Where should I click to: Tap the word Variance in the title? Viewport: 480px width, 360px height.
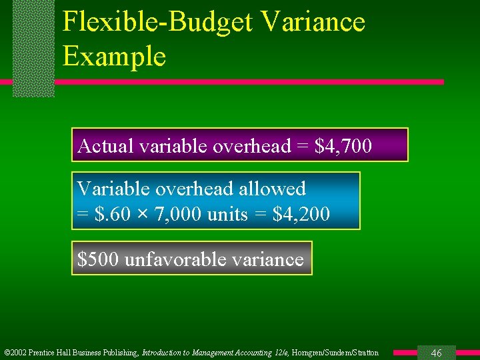(313, 22)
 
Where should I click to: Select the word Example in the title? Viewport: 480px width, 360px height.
(114, 56)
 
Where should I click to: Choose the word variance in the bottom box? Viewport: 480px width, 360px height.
(269, 259)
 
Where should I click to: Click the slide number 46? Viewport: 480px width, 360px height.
(437, 353)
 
